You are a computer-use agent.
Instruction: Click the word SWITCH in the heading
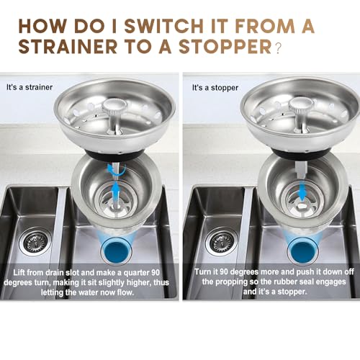pos(163,26)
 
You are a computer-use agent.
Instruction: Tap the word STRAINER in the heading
pos(68,46)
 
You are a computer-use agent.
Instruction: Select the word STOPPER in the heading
pos(225,46)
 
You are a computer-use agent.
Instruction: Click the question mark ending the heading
pos(278,48)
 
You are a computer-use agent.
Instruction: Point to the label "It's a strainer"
pos(30,87)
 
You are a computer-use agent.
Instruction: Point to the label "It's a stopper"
pos(215,88)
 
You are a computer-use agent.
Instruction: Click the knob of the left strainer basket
pos(114,107)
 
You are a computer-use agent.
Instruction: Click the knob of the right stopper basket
pos(301,107)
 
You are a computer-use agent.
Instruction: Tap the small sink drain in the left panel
pos(35,241)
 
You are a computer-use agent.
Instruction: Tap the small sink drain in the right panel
pos(222,241)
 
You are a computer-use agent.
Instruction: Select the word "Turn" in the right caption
pos(202,272)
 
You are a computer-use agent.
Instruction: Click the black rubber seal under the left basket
pos(114,155)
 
